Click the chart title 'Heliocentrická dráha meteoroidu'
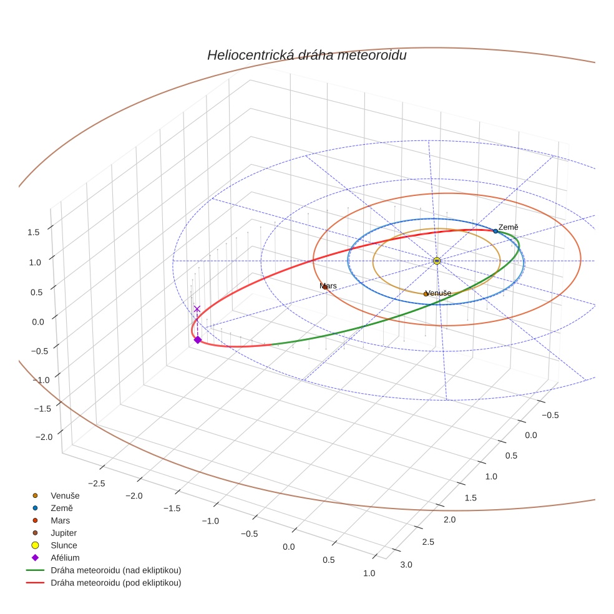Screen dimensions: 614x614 pyautogui.click(x=306, y=55)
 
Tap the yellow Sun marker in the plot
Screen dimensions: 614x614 pyautogui.click(x=436, y=261)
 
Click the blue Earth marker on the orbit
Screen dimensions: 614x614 pyautogui.click(x=495, y=231)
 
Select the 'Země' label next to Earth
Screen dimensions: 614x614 pyautogui.click(x=508, y=227)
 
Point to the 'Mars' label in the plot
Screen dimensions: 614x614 pyautogui.click(x=328, y=286)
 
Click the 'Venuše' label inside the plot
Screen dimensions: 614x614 pyautogui.click(x=438, y=293)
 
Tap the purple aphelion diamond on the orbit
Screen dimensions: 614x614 pyautogui.click(x=197, y=339)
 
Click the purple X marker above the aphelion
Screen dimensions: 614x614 pyautogui.click(x=197, y=309)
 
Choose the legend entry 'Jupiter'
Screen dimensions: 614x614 pyautogui.click(x=64, y=533)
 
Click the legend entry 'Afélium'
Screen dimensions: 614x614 pyautogui.click(x=65, y=558)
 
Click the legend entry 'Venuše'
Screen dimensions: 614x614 pyautogui.click(x=65, y=495)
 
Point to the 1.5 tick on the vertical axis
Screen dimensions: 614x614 pyautogui.click(x=34, y=231)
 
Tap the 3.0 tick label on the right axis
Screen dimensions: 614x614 pyautogui.click(x=406, y=565)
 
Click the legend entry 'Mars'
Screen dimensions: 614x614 pyautogui.click(x=61, y=520)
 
